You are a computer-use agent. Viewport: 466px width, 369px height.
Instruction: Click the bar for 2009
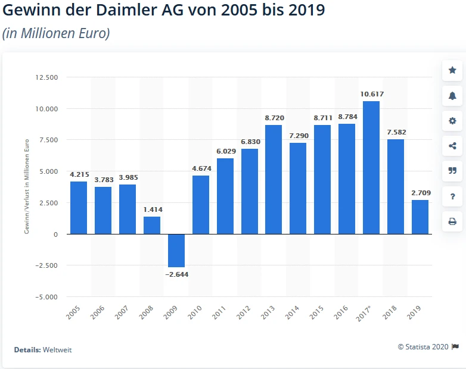click(176, 251)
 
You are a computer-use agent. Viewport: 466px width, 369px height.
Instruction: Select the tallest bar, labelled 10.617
click(371, 167)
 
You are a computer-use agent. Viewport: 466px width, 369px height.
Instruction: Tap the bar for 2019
click(420, 217)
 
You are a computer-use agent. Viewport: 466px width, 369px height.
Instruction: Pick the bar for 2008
click(151, 225)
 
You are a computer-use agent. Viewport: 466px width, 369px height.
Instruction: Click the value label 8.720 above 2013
click(274, 118)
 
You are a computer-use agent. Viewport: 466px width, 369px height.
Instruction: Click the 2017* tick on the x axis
click(369, 311)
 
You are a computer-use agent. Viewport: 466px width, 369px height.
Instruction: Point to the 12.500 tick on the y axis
click(46, 77)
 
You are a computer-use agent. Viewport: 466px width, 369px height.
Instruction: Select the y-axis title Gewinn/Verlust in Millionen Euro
click(27, 187)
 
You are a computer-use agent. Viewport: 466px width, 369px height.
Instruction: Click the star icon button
click(452, 71)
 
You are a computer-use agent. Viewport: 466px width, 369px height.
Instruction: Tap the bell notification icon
click(452, 96)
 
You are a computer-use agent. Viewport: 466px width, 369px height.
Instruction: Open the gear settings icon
click(452, 121)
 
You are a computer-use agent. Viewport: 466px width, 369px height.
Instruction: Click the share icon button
click(452, 146)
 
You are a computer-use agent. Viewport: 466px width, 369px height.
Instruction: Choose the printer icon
click(452, 222)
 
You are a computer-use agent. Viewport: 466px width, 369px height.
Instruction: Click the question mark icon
click(452, 196)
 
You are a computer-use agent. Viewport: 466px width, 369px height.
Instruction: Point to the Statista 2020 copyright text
click(424, 346)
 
